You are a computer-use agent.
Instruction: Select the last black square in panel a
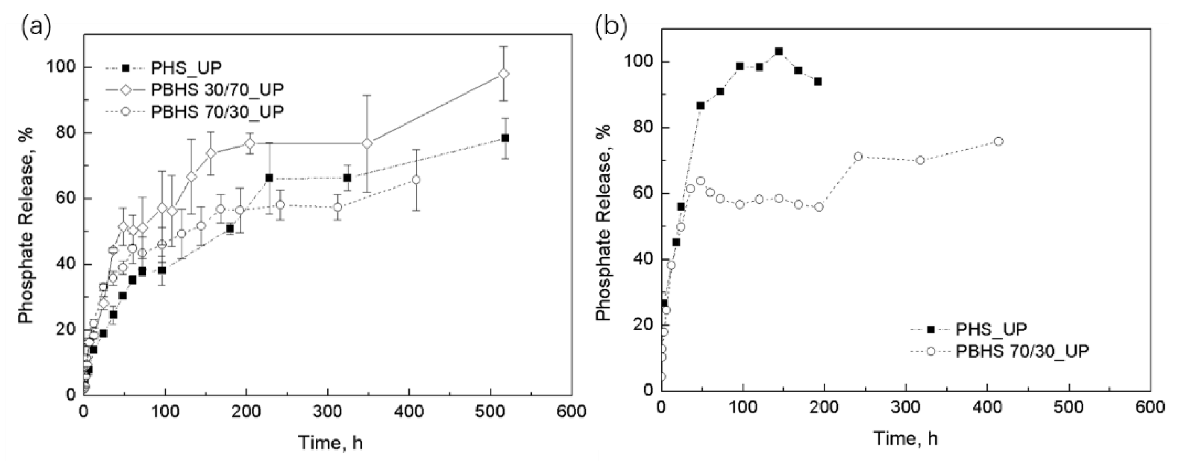[x=505, y=138]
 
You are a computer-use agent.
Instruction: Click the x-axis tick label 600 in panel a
[x=572, y=411]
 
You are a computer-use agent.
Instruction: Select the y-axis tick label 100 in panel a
[x=60, y=68]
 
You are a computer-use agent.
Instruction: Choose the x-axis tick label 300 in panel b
[x=906, y=407]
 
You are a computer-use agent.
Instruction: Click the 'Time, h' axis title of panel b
[x=906, y=438]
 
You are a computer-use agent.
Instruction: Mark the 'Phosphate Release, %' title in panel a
[x=27, y=226]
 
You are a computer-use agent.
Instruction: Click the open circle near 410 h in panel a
[x=416, y=180]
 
